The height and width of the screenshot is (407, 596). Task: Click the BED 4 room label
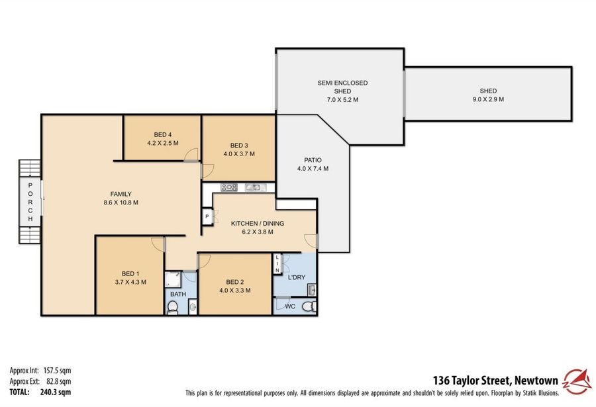click(x=162, y=134)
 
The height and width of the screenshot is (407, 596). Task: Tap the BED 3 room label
click(x=238, y=146)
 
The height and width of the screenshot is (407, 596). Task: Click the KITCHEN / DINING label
click(x=252, y=224)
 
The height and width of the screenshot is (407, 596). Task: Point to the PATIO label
click(x=313, y=159)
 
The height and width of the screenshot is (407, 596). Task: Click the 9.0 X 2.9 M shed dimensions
click(x=487, y=99)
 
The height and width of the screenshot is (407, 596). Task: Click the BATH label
click(x=178, y=294)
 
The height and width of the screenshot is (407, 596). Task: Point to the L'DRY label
click(x=296, y=277)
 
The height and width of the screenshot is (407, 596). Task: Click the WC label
click(x=289, y=306)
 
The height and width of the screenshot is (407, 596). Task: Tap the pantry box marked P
click(x=207, y=216)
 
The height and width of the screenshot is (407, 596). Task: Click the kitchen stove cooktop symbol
click(x=229, y=187)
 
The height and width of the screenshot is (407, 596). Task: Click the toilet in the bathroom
click(x=172, y=306)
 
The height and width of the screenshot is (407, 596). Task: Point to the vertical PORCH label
click(x=29, y=201)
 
